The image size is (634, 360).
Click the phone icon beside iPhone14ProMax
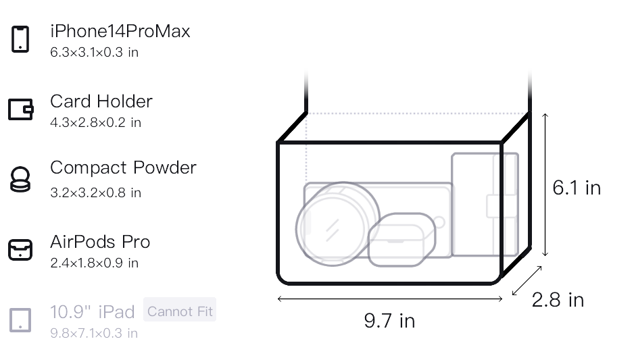(x=20, y=39)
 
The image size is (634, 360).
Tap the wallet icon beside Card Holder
(x=21, y=109)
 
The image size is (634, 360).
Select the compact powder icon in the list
(x=20, y=179)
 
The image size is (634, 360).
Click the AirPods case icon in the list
(x=20, y=250)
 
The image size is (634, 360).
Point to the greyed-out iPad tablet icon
(x=20, y=320)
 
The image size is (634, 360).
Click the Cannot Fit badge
(x=180, y=311)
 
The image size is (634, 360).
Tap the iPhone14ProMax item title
(x=120, y=32)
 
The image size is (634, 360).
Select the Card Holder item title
(x=101, y=101)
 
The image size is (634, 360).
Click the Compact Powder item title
(x=123, y=168)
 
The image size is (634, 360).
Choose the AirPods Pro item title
(x=100, y=242)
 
